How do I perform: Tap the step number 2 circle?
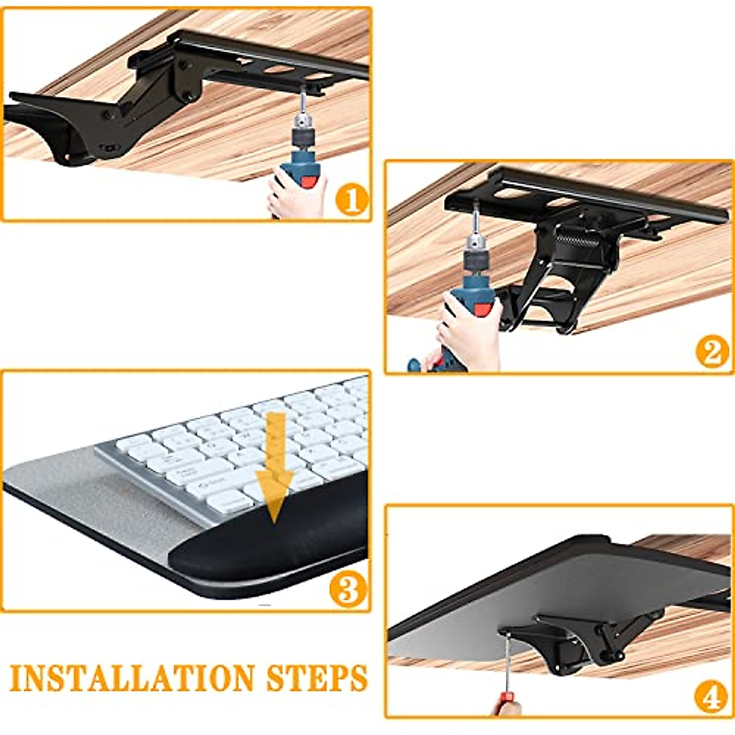(x=712, y=353)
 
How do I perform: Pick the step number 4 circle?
(x=711, y=696)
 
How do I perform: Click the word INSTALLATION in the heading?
(x=132, y=678)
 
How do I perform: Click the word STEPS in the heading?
(x=317, y=678)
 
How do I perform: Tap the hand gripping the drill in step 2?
(x=469, y=334)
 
